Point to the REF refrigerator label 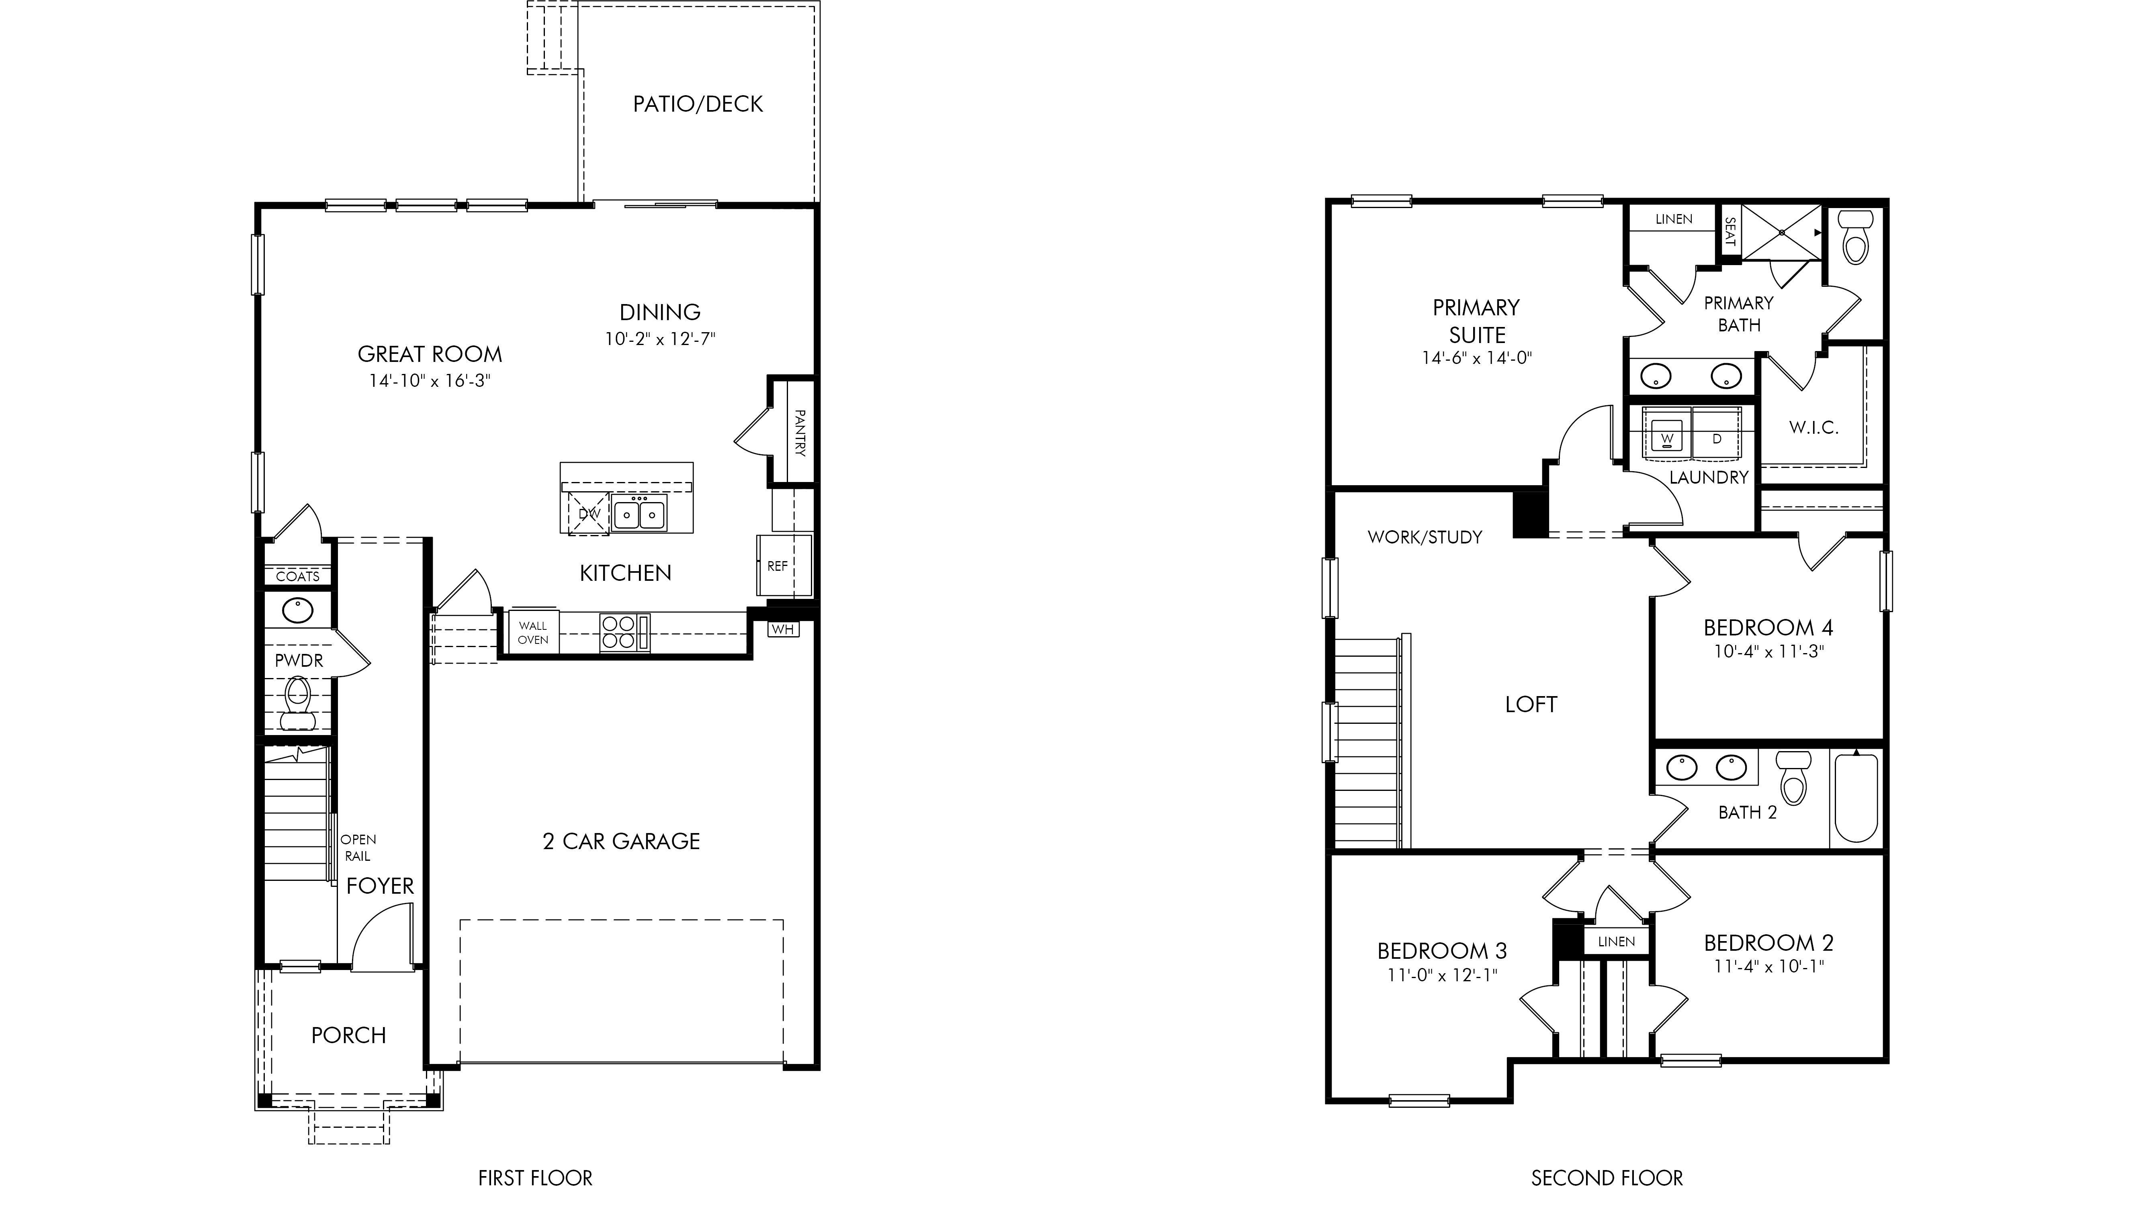tap(777, 566)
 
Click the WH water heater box tap(782, 629)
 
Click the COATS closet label tap(298, 576)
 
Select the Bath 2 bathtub tap(1855, 799)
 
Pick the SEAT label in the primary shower tap(1730, 232)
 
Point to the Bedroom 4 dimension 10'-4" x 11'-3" tap(1768, 652)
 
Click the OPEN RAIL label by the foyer tap(358, 848)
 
